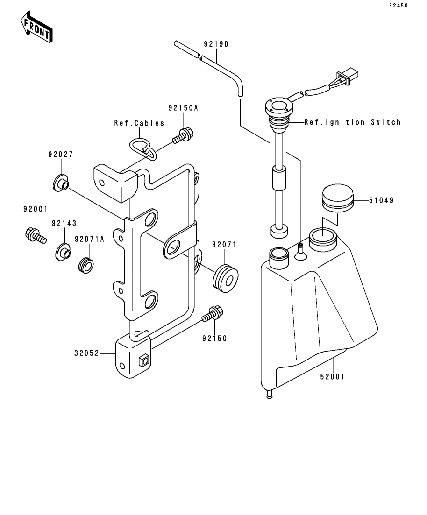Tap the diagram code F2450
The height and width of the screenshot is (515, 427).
point(399,6)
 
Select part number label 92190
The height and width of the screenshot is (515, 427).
point(216,44)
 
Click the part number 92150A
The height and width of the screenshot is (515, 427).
point(183,108)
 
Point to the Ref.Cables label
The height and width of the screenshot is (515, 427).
point(139,123)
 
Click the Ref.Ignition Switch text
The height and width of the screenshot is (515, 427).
point(352,122)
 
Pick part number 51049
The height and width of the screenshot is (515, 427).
point(381,200)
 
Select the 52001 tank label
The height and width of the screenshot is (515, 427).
point(332,377)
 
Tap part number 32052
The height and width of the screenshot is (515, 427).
point(86,353)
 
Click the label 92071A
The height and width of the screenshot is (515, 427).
point(89,240)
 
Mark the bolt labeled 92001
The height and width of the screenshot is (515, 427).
point(36,235)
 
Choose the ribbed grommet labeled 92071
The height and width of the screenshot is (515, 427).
point(225,278)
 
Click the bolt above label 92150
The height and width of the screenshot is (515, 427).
point(213,314)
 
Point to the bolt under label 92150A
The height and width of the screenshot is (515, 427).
point(183,135)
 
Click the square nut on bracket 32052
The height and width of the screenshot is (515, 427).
point(143,360)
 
